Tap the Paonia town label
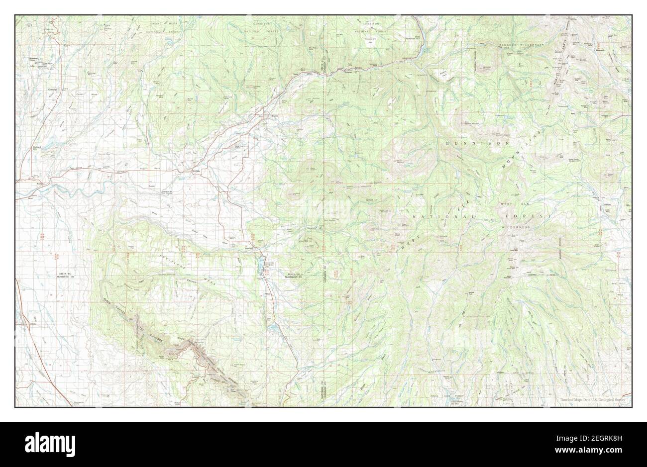tap(274, 116)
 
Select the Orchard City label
tap(36, 148)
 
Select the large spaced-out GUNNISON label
tap(477, 143)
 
